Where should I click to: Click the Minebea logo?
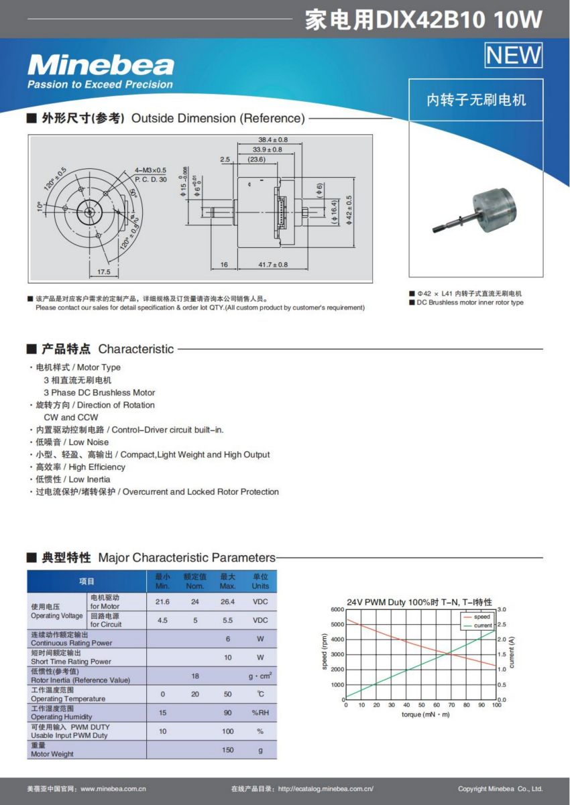tap(101, 66)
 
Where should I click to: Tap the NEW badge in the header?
tap(513, 55)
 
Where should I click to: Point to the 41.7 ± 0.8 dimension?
tap(273, 265)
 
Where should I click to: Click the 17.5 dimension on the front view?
tap(103, 272)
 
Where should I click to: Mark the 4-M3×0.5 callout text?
tap(150, 170)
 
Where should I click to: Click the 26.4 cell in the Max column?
tap(228, 602)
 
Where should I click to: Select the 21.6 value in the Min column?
tap(162, 602)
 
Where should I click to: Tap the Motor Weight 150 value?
tap(228, 750)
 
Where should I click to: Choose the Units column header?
tap(260, 581)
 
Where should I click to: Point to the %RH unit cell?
tap(260, 713)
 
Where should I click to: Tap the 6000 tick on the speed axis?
tap(337, 609)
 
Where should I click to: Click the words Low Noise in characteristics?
tap(89, 442)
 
